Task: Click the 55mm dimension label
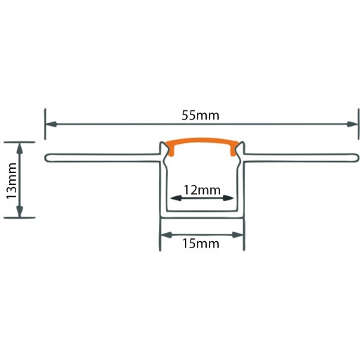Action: (200, 115)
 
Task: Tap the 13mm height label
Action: (11, 181)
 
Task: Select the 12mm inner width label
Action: (202, 190)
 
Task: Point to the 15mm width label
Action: (201, 243)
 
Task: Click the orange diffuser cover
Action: (202, 141)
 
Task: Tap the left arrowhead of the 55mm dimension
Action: (51, 124)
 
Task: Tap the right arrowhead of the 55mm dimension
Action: (352, 124)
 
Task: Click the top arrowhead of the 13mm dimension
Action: (20, 148)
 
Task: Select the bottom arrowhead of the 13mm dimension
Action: (20, 212)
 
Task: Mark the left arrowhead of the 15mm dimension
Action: (167, 235)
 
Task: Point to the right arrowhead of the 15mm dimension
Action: (237, 235)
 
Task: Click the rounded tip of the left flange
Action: (45, 157)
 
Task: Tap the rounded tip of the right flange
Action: (359, 157)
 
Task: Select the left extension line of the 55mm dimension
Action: (45, 124)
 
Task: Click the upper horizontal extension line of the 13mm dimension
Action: (20, 142)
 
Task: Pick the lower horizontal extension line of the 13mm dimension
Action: (20, 218)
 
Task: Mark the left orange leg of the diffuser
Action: (171, 150)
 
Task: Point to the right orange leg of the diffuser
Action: (233, 150)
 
